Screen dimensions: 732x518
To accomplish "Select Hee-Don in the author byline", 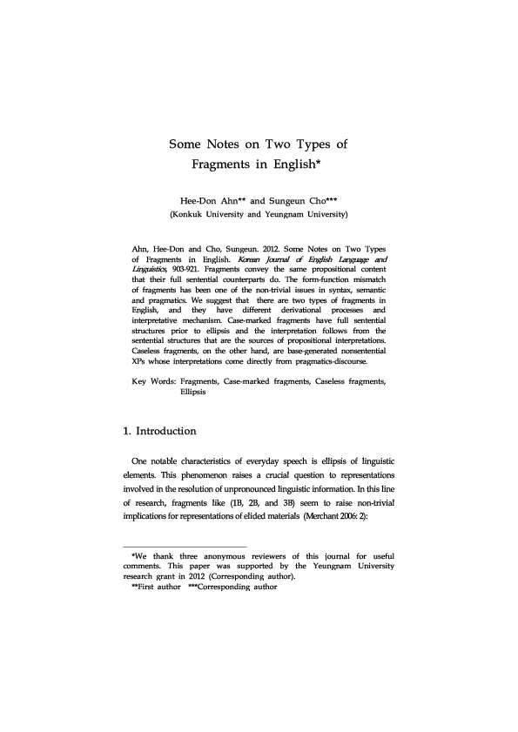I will pyautogui.click(x=197, y=198).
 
